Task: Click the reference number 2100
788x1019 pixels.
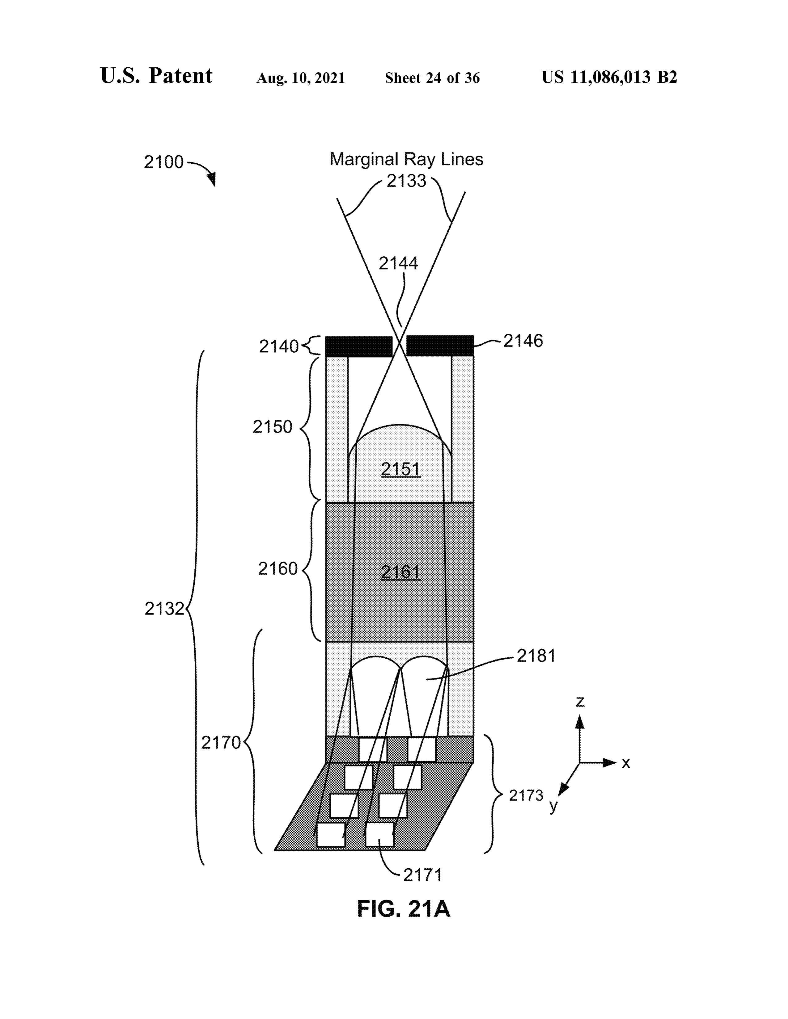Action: [163, 162]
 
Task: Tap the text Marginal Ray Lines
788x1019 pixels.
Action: [406, 159]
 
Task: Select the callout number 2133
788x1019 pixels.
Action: [406, 181]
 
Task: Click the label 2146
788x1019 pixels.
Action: [523, 341]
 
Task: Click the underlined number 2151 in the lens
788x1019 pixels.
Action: [400, 469]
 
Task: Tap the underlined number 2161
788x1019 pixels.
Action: [400, 572]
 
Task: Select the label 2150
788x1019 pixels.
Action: [272, 426]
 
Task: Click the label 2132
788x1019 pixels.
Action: [164, 609]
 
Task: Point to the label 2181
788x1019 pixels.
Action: [536, 656]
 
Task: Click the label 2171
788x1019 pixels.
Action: [422, 875]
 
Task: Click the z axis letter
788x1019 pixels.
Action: [580, 702]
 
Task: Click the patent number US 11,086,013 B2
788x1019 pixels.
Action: [609, 77]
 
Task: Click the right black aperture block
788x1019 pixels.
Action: [440, 346]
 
